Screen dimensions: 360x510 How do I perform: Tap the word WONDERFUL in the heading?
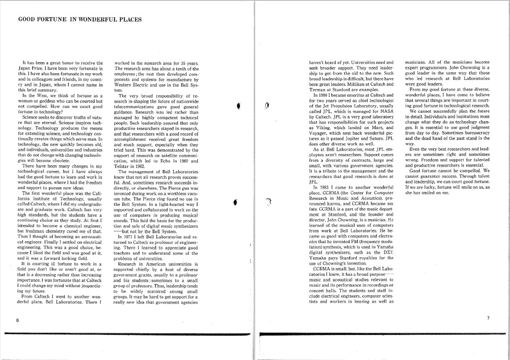pyautogui.click(x=99, y=19)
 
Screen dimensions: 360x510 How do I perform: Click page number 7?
pyautogui.click(x=488, y=318)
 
